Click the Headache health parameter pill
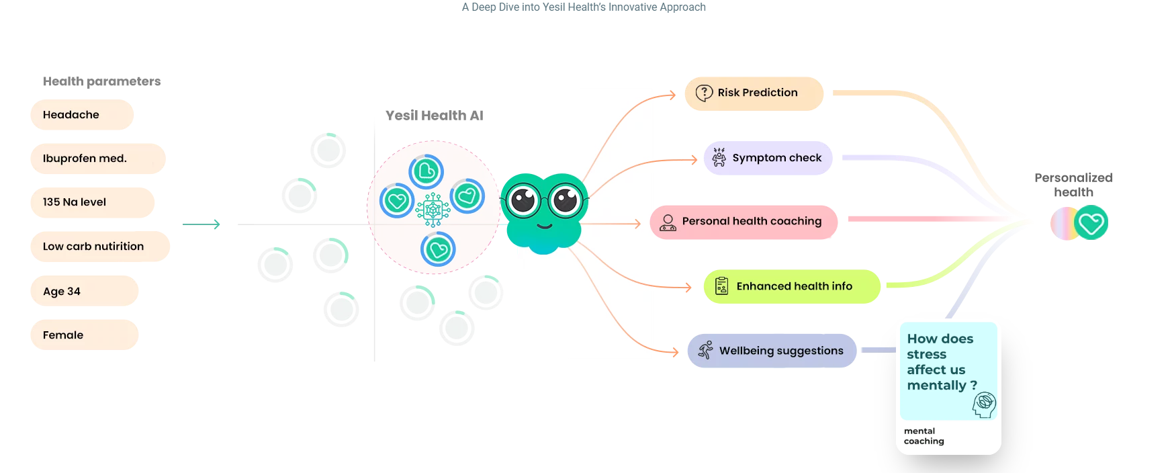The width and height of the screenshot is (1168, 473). pos(82,115)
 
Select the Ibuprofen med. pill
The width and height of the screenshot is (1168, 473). pos(97,159)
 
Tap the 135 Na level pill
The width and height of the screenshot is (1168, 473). pos(92,202)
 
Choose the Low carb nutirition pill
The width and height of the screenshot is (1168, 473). pos(99,247)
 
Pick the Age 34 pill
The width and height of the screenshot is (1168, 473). pos(84,291)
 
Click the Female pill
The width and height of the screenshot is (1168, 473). pos(84,335)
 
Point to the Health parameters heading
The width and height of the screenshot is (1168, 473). pos(101,81)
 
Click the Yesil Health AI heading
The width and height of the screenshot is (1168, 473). pos(434,116)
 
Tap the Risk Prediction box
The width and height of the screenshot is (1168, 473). pos(754,93)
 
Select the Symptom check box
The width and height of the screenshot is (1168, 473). pos(768,158)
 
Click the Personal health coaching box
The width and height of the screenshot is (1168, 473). pos(744,222)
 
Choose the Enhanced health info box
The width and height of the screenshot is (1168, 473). pos(791,286)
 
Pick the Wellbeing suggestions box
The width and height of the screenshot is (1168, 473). pos(772,351)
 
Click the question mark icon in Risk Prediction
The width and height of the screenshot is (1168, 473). pos(704,93)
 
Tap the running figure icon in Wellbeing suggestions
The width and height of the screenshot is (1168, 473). pos(705,350)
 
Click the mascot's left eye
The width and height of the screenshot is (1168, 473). pos(523,200)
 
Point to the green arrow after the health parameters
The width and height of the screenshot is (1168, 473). pos(201,224)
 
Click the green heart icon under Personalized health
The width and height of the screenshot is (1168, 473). pos(1091,223)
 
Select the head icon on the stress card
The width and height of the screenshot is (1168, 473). pos(984,404)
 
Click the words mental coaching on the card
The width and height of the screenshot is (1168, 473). pos(924,436)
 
